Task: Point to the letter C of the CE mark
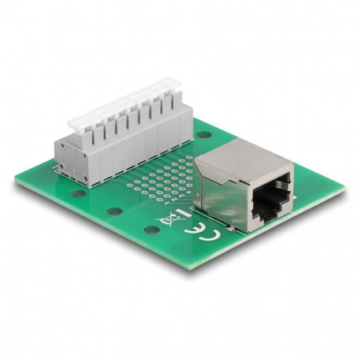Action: click(209, 235)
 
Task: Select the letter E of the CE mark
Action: click(194, 227)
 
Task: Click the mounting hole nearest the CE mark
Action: click(152, 230)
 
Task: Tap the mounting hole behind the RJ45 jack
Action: click(204, 134)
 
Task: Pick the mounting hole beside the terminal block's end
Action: click(79, 193)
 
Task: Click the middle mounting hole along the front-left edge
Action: click(115, 211)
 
